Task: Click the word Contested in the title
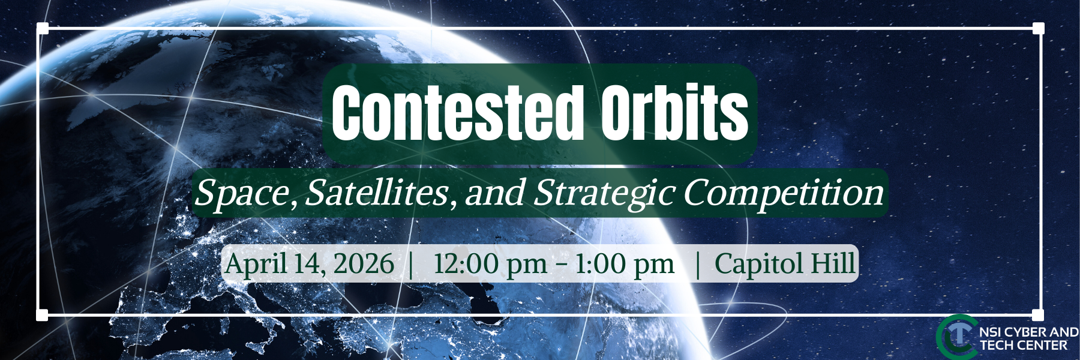pos(457,113)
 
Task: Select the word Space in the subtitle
pos(242,193)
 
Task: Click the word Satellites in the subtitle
pos(377,193)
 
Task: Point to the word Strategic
pos(604,193)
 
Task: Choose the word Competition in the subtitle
pos(783,193)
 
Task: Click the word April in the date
pos(255,264)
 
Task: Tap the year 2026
pos(364,264)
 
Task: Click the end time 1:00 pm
pos(624,264)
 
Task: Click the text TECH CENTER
pos(1023,346)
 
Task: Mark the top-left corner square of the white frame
pos(42,28)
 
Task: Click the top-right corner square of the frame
pos(1038,28)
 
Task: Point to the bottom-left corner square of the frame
pos(42,315)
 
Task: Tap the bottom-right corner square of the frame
pos(1038,315)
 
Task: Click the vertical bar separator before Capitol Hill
pos(697,264)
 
